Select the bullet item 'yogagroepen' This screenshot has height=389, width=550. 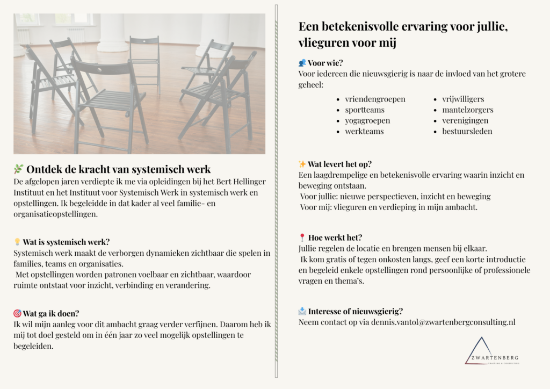point(367,120)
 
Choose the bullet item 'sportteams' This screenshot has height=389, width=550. point(365,110)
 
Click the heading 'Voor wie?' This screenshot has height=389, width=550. point(325,63)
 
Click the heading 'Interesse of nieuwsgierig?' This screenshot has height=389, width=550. point(355,311)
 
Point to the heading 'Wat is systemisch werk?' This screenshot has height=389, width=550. point(66,242)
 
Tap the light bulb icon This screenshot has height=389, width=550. point(17,242)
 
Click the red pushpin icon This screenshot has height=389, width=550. point(302,237)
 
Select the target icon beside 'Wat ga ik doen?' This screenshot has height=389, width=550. point(17,314)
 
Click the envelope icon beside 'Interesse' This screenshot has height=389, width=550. point(302,311)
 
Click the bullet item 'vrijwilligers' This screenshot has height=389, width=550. point(463,99)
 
